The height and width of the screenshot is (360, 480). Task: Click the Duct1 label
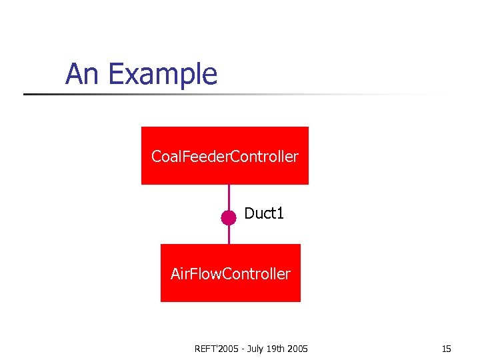coord(264,213)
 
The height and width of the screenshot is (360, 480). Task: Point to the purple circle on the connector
coord(229,217)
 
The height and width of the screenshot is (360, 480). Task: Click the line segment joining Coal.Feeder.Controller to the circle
coord(229,197)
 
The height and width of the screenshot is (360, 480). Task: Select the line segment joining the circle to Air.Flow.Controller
coord(229,235)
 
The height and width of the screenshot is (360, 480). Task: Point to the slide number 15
coord(446,349)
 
